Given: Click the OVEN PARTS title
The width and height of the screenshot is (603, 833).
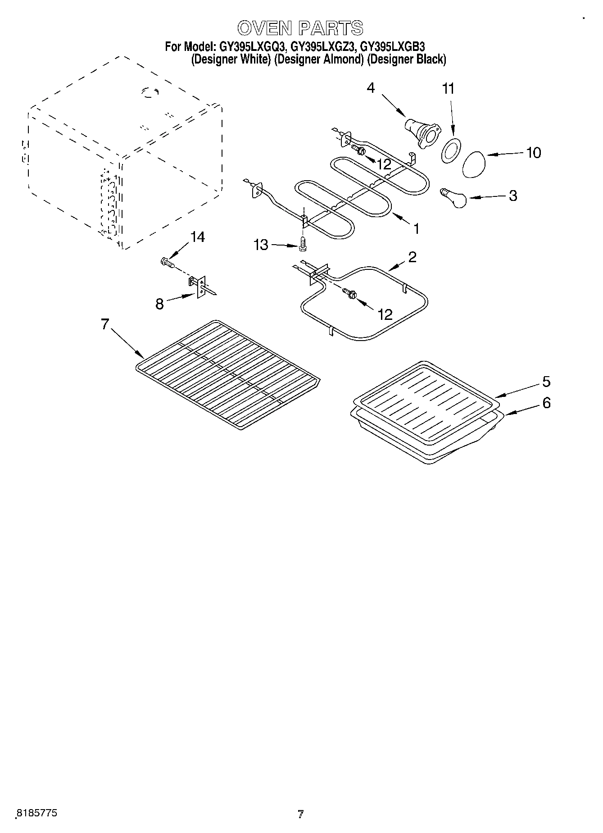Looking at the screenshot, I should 300,28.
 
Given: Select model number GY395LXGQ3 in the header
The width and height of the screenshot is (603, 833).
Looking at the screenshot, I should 252,46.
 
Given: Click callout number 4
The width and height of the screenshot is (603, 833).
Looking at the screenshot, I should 371,87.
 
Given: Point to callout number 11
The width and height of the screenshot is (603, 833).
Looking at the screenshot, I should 448,89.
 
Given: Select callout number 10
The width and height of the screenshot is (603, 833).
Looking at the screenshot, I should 533,153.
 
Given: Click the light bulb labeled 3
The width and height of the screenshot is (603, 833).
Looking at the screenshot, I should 454,198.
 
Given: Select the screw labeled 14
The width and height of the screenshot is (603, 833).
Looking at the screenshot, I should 167,262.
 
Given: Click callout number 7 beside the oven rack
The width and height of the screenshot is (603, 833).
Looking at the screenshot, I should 105,324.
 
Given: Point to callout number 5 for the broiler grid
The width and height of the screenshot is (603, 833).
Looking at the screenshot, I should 546,382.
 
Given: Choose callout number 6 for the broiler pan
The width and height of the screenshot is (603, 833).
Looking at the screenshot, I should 546,402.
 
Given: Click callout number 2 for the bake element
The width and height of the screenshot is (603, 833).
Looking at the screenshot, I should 412,257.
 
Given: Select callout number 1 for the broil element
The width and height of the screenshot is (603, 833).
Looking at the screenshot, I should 416,229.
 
